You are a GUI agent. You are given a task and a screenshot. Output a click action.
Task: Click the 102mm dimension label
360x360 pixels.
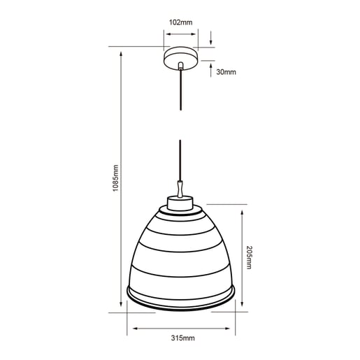(x=180, y=22)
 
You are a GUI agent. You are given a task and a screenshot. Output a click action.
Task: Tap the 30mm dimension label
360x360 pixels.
(x=226, y=72)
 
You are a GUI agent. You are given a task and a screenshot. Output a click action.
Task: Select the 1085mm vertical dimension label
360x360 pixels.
(x=115, y=178)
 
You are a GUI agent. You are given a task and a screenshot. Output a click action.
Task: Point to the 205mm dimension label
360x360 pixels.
(x=249, y=257)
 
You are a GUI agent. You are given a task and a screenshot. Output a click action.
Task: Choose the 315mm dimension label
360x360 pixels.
(x=183, y=338)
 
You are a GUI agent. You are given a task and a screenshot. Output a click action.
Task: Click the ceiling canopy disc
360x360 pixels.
(x=180, y=58)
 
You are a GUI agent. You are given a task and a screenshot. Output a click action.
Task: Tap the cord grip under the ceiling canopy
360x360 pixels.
(x=180, y=66)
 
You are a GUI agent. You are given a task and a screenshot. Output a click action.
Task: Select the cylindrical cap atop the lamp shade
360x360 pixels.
(x=180, y=203)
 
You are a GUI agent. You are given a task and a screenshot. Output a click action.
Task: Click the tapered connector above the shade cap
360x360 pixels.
(x=180, y=189)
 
